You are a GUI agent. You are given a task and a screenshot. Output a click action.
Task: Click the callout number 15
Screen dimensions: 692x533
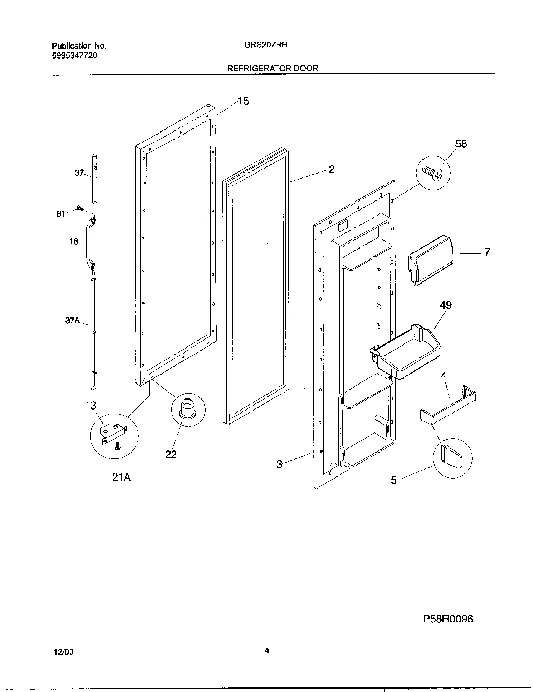(243, 101)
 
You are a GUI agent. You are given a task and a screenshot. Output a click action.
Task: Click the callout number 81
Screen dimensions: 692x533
(61, 214)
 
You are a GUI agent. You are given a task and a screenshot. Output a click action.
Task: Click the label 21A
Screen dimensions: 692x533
(121, 477)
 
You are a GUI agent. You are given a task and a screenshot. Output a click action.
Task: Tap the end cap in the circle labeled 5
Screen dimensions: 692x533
(452, 456)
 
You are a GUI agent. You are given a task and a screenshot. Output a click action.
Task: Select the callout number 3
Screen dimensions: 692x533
(279, 464)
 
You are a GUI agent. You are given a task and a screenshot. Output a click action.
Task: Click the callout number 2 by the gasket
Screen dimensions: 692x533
(331, 169)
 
